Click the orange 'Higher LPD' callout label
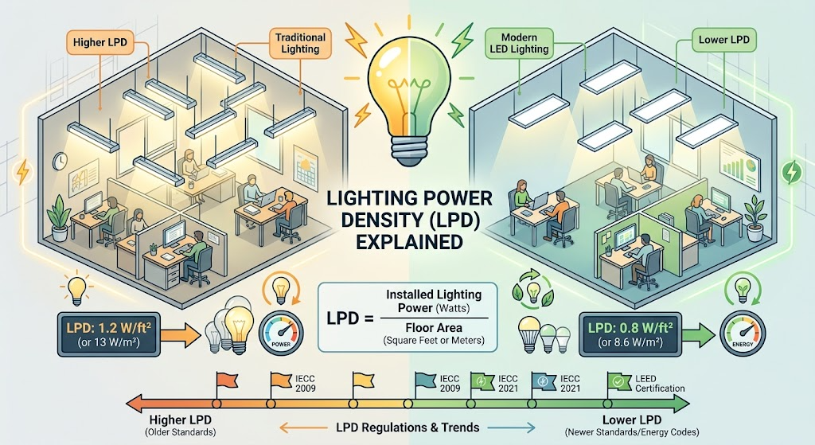coord(99,42)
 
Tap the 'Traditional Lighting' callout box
coord(300,43)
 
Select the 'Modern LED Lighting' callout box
coord(519,43)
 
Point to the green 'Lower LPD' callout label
coord(723,40)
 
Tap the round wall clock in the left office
coord(60,161)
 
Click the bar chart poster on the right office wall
coord(737,167)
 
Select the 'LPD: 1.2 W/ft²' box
coord(108,334)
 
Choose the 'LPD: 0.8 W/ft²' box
coord(630,334)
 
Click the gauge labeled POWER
coord(281,332)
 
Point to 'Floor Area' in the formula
coord(434,328)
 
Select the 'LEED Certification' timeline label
coord(660,384)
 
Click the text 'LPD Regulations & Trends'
coord(407,427)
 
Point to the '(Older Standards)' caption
coord(181,432)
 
